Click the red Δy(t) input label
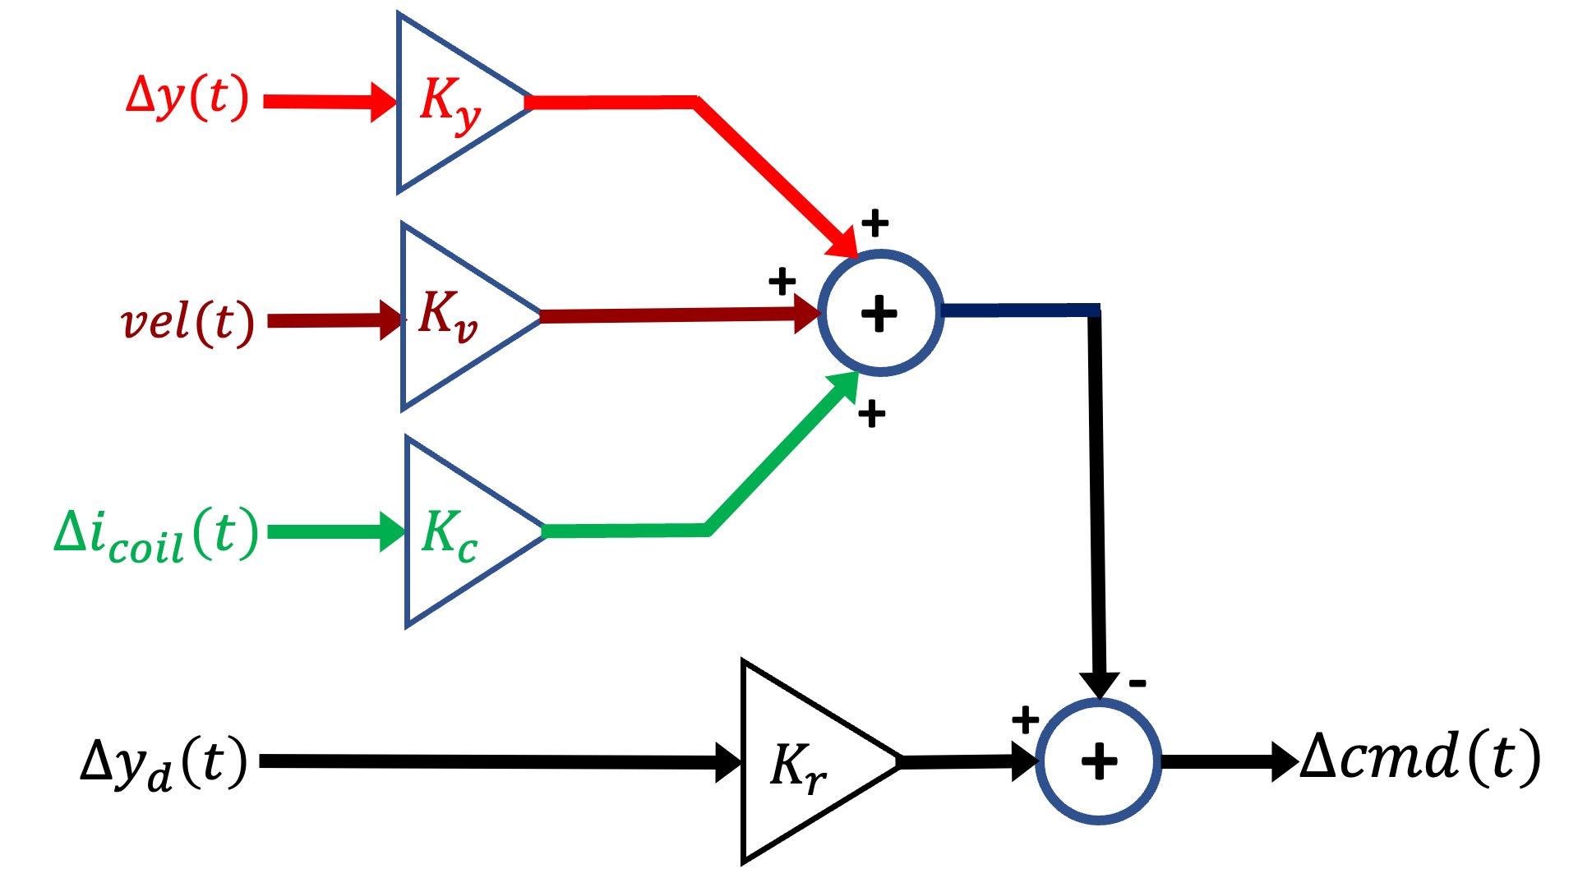click(187, 99)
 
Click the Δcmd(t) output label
click(1420, 757)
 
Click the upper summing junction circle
click(880, 313)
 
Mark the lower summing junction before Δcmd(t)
click(1099, 761)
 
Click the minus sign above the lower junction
click(1137, 682)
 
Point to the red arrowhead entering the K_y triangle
click(383, 102)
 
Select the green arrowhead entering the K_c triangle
click(392, 531)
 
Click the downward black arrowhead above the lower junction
click(1099, 684)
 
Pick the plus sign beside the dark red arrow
click(782, 282)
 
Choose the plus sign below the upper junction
click(871, 414)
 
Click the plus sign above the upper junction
click(875, 222)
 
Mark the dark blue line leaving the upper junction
click(1019, 310)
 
